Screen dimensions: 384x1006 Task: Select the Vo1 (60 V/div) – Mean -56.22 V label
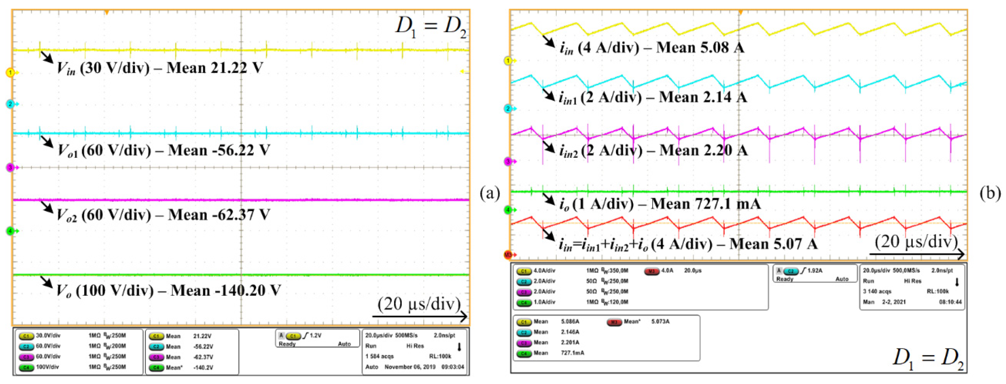coord(164,150)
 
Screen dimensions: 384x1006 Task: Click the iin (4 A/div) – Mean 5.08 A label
coord(652,48)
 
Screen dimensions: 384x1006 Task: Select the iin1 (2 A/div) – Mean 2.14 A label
coord(653,97)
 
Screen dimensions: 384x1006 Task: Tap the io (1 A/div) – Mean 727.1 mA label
coord(660,204)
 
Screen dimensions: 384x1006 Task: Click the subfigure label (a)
coord(490,193)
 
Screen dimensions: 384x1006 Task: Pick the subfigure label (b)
coord(990,193)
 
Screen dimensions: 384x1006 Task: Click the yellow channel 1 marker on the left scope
coord(10,72)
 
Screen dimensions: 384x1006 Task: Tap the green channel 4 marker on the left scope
coord(10,231)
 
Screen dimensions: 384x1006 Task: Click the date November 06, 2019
coord(410,367)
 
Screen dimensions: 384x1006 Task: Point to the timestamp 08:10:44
coord(950,302)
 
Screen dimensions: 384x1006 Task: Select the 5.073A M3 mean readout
coord(660,322)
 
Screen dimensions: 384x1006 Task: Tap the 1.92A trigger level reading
coord(814,270)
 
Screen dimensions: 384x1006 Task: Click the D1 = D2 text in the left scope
coord(431,27)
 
